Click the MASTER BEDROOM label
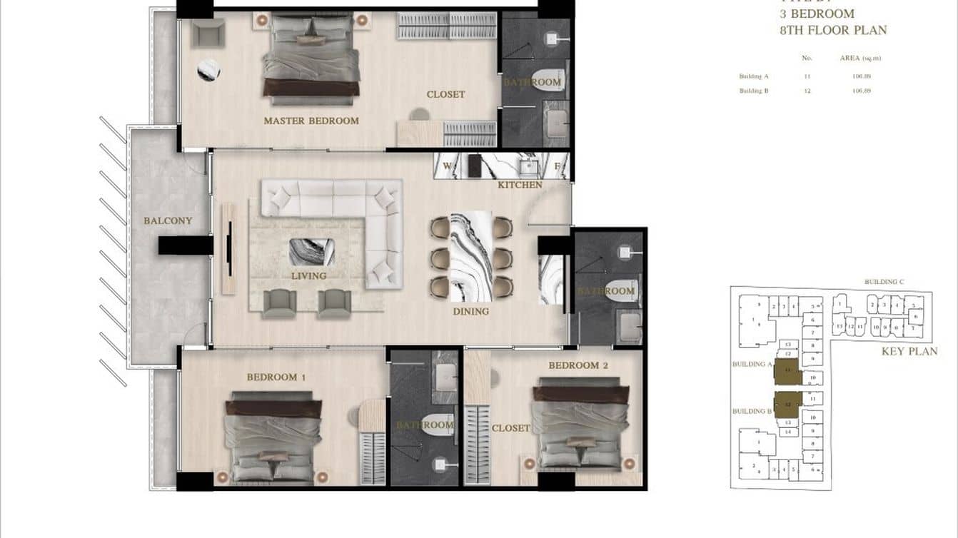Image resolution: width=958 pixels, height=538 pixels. (x=311, y=121)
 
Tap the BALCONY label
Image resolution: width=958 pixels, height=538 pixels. (x=168, y=220)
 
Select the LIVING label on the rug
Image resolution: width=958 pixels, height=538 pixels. (x=308, y=275)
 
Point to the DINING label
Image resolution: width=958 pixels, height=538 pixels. (x=470, y=311)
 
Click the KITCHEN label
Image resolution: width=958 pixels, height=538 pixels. (x=520, y=185)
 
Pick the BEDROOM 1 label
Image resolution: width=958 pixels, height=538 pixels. (x=276, y=376)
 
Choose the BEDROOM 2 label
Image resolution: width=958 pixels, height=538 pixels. (x=578, y=365)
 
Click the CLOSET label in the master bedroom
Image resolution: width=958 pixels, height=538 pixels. (x=445, y=94)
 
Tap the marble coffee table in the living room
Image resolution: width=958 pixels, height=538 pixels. (x=312, y=252)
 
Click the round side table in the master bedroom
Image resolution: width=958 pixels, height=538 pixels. (x=208, y=70)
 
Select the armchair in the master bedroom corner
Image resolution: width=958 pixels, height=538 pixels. (x=208, y=32)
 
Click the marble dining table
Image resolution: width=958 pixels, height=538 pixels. (x=471, y=256)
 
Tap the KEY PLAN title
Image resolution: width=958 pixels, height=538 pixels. (x=909, y=351)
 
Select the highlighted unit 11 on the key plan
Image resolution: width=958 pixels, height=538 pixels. (x=787, y=371)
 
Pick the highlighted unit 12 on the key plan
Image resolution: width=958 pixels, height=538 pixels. (x=788, y=405)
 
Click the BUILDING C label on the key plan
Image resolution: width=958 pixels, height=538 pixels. (x=884, y=282)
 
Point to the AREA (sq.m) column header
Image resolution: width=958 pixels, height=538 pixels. (x=860, y=58)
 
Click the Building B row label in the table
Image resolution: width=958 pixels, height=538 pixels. (x=754, y=91)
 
